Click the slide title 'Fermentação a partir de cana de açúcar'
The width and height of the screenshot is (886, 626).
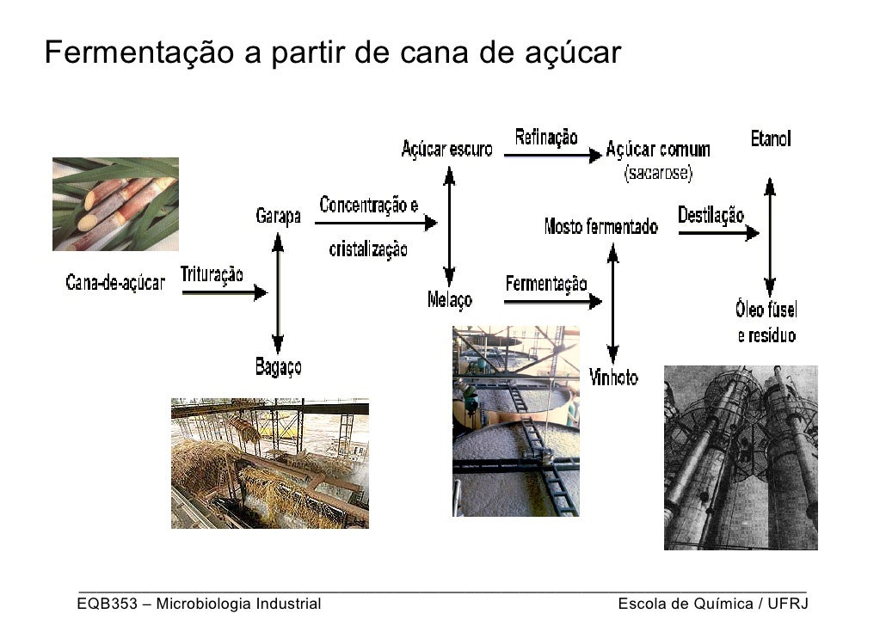coord(332,53)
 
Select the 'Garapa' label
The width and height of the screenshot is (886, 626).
coord(278,216)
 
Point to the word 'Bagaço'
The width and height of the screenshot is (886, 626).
coord(278,368)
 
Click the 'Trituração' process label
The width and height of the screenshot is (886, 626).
coord(212,274)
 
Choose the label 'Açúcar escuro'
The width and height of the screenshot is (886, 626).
coord(446,150)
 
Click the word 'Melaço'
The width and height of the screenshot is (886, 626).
coord(449,300)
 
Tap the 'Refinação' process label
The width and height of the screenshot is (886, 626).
coord(546,138)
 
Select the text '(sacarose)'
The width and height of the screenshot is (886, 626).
coord(658,174)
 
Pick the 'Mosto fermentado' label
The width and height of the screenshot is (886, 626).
coord(601,227)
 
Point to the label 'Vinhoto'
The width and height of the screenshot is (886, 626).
coord(614,377)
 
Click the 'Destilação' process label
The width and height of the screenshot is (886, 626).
coord(711,215)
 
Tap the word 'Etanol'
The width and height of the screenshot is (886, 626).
coord(770,138)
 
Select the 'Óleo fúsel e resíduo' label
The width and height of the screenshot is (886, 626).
coord(766,322)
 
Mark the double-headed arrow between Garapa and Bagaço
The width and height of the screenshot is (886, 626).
coord(278,292)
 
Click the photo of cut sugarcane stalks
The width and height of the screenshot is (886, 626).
coord(115,204)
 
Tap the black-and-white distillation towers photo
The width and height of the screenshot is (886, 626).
coord(741,457)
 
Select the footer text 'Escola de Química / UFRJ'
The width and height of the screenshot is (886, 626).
coord(713,604)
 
